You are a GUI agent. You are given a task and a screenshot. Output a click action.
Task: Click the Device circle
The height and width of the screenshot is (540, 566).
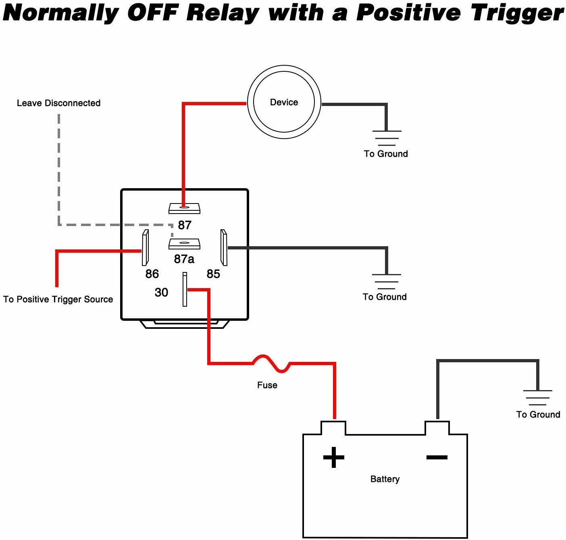[284, 102]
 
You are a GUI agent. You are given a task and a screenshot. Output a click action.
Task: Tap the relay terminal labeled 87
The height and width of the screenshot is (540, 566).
[184, 208]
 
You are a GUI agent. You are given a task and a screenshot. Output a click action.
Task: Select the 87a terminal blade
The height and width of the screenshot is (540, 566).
[184, 244]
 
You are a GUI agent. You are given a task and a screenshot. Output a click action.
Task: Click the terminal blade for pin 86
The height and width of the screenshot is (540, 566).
[145, 247]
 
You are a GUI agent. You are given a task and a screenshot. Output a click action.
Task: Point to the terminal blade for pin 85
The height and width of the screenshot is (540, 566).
[224, 247]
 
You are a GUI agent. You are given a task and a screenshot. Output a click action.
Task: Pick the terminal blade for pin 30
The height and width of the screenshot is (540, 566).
[185, 289]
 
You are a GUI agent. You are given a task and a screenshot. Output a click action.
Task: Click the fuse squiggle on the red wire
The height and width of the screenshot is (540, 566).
[271, 362]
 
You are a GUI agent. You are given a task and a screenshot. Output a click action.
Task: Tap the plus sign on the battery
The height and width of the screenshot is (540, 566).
[334, 457]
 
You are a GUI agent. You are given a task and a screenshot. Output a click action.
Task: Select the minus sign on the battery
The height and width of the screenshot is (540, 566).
[437, 457]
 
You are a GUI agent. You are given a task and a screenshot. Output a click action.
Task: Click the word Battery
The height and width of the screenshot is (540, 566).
[385, 479]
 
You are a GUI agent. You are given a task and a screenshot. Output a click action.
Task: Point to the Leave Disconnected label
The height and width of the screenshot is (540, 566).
[58, 103]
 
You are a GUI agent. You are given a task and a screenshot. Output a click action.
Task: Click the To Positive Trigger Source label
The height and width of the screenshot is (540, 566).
[58, 299]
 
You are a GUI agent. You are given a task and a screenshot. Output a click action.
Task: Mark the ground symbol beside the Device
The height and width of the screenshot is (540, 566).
[387, 138]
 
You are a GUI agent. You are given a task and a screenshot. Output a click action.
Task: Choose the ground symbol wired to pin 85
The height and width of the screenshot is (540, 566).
[386, 281]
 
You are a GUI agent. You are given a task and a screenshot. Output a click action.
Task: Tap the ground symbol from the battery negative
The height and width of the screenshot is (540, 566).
[537, 397]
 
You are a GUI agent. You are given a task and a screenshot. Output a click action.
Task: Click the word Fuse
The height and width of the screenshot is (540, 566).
[267, 385]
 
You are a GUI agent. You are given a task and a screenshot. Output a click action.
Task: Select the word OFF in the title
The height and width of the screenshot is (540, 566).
[152, 13]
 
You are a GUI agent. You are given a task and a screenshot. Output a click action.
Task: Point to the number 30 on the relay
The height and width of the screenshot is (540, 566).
[161, 292]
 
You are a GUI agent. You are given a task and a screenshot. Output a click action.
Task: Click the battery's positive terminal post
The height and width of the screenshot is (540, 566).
[333, 428]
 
